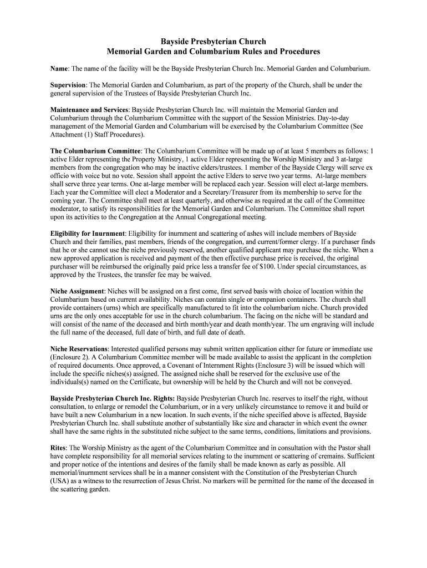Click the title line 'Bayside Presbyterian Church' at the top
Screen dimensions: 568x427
213,42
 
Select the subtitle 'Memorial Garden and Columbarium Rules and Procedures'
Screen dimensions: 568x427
213,52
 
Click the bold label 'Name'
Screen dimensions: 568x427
59,68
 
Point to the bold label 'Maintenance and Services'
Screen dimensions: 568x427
89,110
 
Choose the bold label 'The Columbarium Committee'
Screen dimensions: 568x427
96,150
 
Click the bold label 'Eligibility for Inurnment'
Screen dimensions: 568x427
88,234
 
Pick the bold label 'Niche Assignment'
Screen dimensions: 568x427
77,291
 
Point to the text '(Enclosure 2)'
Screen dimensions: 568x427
71,357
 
